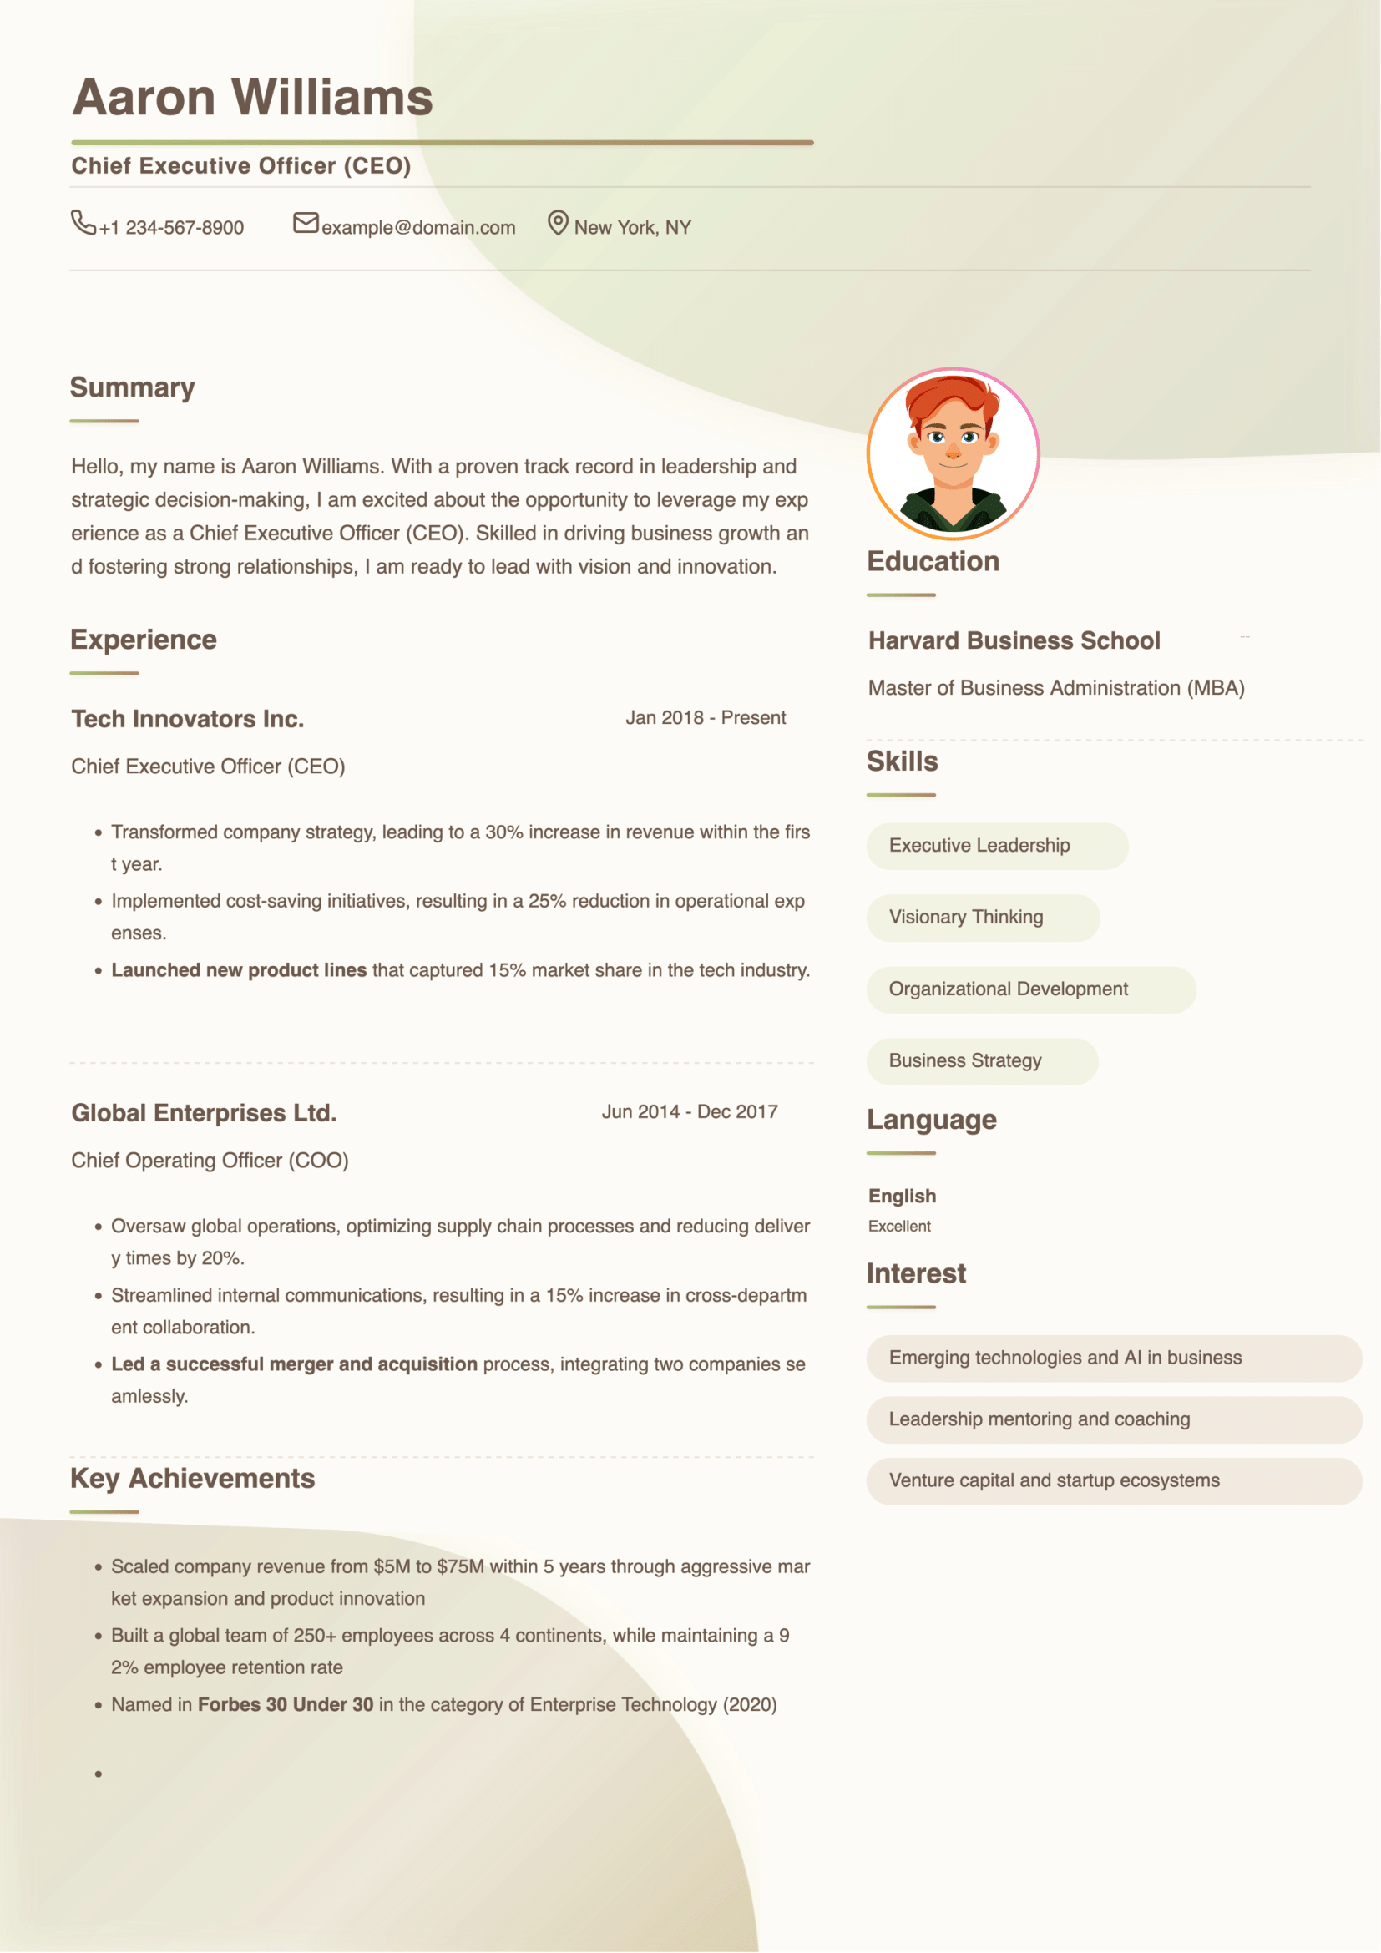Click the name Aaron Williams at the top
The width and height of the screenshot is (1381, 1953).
(x=252, y=97)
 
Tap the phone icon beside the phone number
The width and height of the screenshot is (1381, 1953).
(x=83, y=223)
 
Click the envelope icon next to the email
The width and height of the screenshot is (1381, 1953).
(x=306, y=223)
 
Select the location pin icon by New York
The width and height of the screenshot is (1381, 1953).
(x=557, y=223)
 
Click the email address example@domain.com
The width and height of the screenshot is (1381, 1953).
(x=417, y=228)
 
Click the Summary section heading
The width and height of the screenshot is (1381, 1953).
(x=133, y=388)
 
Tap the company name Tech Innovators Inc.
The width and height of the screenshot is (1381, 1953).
(x=187, y=719)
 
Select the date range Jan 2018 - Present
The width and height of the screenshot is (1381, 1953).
(x=705, y=718)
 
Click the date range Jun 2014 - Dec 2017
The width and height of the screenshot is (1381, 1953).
(x=689, y=1111)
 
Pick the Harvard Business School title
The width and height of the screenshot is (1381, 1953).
(x=1014, y=640)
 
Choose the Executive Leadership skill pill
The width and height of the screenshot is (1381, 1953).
(x=997, y=846)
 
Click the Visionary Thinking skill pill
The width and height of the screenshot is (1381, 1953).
(x=982, y=917)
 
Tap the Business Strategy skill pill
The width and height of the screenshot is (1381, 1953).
(x=981, y=1060)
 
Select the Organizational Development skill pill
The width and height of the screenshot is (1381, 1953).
(x=1029, y=989)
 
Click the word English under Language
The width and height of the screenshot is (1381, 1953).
(x=902, y=1196)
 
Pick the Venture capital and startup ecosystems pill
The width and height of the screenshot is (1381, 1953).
(x=1113, y=1481)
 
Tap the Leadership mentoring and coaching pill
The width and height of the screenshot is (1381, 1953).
(x=1113, y=1419)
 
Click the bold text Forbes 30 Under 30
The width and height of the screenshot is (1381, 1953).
(x=285, y=1705)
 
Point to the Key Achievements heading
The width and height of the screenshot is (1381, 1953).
(x=192, y=1480)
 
